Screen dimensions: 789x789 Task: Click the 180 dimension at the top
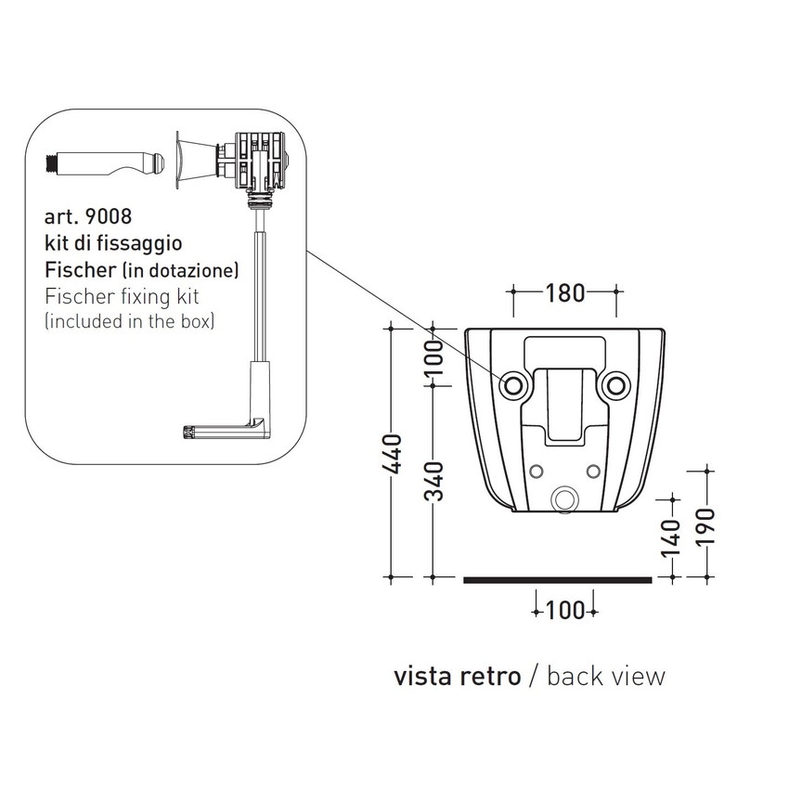(x=563, y=293)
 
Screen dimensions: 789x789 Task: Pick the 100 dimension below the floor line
(x=564, y=610)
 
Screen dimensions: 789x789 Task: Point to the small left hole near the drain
(x=535, y=472)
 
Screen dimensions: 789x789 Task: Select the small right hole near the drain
(x=593, y=472)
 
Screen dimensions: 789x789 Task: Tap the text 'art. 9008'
(x=88, y=217)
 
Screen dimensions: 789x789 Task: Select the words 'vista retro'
(x=457, y=676)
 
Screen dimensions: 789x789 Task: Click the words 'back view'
(x=606, y=676)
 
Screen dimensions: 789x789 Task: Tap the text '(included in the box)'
(x=130, y=322)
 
